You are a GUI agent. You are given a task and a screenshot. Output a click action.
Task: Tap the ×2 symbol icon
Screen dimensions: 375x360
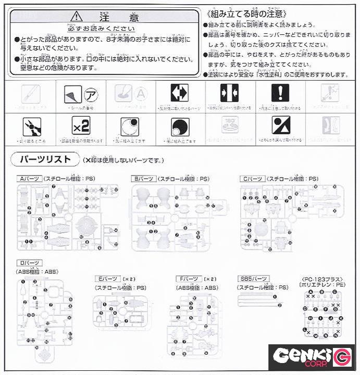click(81, 126)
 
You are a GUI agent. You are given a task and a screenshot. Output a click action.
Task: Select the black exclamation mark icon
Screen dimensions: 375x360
click(280, 93)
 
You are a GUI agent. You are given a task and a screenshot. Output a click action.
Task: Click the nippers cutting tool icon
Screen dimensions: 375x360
click(31, 126)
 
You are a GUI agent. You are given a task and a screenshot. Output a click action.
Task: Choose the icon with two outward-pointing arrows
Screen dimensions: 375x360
click(180, 93)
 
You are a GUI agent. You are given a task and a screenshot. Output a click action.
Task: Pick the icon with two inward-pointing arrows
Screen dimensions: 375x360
click(230, 93)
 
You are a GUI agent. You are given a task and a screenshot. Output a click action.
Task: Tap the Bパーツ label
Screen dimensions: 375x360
click(143, 179)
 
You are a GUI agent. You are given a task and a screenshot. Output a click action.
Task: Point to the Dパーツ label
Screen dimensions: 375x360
click(30, 262)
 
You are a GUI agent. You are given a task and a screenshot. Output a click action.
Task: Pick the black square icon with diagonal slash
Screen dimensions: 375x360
click(280, 126)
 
